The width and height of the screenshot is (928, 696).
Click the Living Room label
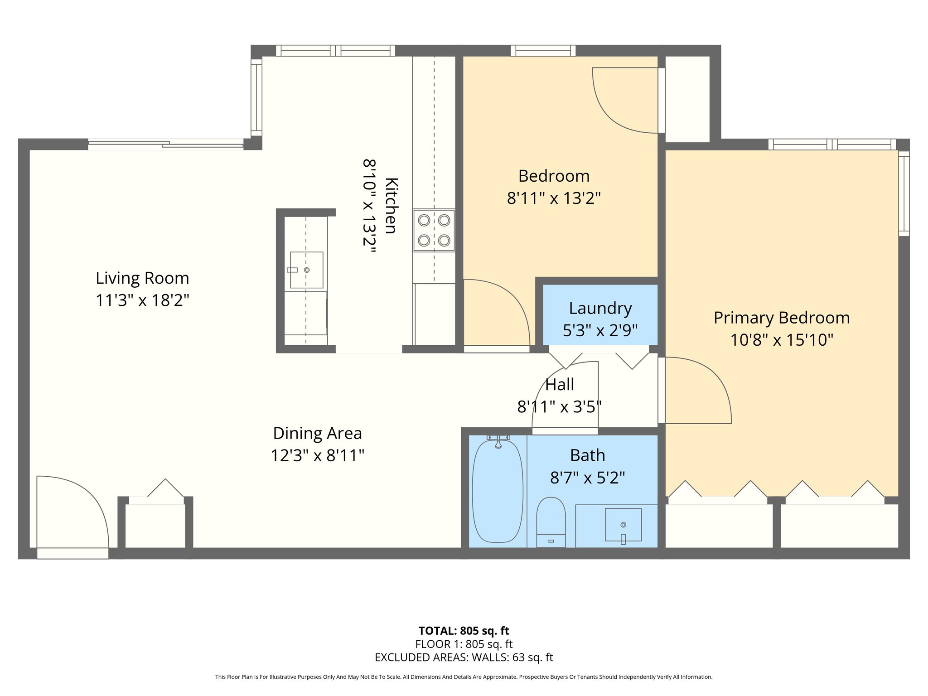[x=142, y=278]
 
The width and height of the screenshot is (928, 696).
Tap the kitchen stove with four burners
[x=434, y=230]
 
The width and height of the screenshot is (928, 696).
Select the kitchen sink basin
[x=307, y=270]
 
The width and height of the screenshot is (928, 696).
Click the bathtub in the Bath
[x=498, y=491]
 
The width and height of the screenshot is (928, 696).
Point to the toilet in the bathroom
[x=551, y=522]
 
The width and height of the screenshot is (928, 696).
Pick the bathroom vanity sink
[x=623, y=525]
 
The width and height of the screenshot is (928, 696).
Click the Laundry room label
[x=600, y=308]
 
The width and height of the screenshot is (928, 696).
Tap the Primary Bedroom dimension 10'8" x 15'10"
[x=782, y=340]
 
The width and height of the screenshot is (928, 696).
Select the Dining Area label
[x=317, y=433]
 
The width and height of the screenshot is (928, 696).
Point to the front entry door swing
[x=72, y=512]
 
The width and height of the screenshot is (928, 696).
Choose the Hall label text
[x=560, y=385]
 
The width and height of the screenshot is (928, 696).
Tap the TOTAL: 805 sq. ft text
[x=464, y=631]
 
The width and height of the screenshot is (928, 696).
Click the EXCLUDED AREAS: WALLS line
[x=464, y=657]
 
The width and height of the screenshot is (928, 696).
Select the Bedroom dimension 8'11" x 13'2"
[x=554, y=198]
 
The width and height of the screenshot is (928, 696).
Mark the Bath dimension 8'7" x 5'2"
[x=588, y=478]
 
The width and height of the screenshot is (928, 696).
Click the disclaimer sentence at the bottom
[x=464, y=677]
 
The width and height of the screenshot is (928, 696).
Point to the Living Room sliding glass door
[x=166, y=144]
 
